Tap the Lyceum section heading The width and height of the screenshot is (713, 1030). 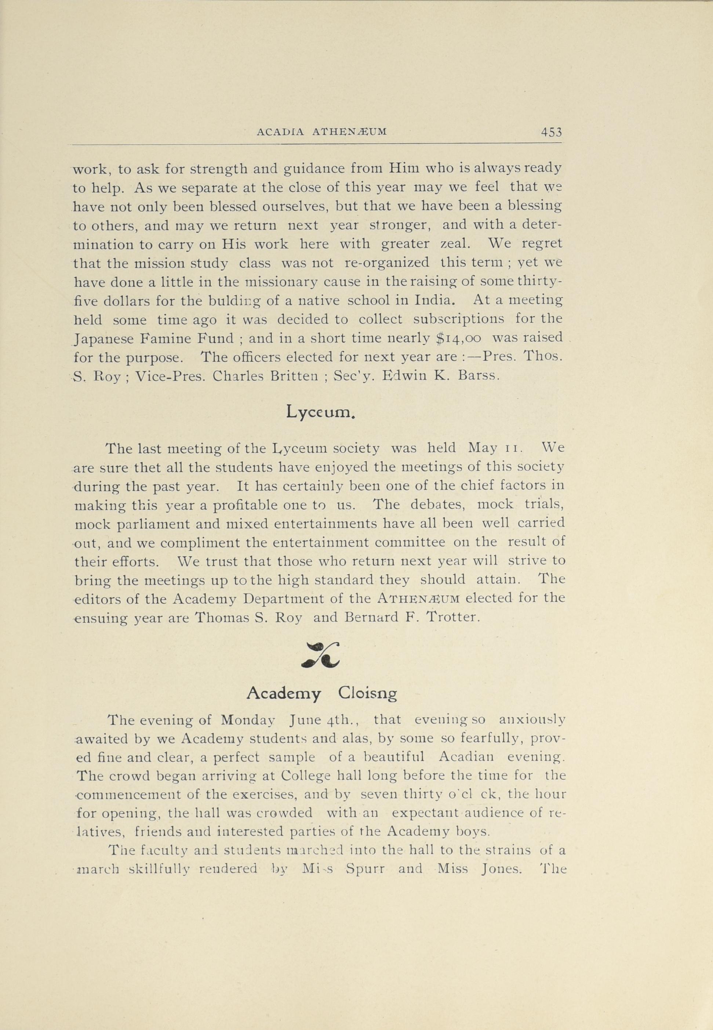click(321, 412)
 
